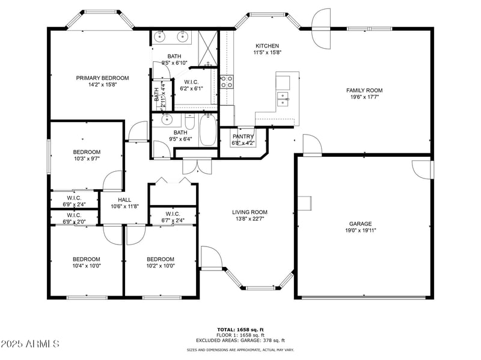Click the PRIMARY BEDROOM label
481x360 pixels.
pyautogui.click(x=102, y=78)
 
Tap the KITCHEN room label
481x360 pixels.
pyautogui.click(x=268, y=46)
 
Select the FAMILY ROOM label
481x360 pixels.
pyautogui.click(x=364, y=90)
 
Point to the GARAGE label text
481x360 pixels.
pyautogui.click(x=360, y=224)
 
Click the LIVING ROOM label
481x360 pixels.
pyautogui.click(x=250, y=212)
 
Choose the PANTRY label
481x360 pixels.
pyautogui.click(x=243, y=136)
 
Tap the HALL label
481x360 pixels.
pyautogui.click(x=124, y=200)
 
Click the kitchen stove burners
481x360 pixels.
pyautogui.click(x=227, y=81)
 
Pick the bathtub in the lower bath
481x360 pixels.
pyautogui.click(x=209, y=130)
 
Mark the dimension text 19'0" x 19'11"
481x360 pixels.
pyautogui.click(x=360, y=230)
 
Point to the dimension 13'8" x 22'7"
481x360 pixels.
pyautogui.click(x=250, y=219)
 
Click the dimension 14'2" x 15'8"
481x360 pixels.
pyautogui.click(x=102, y=85)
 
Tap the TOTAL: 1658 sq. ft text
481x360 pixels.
pyautogui.click(x=240, y=329)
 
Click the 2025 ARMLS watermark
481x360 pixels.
pyautogui.click(x=30, y=344)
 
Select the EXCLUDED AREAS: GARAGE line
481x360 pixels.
pyautogui.click(x=240, y=340)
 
